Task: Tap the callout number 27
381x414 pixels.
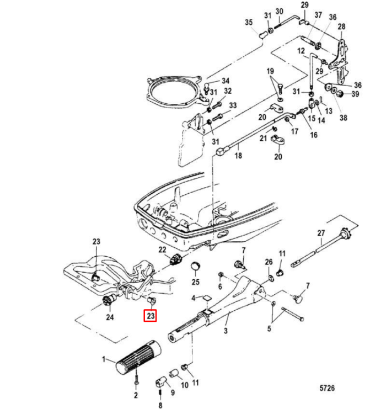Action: (x=321, y=233)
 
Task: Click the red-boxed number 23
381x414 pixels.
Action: (x=151, y=316)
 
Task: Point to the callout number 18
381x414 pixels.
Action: (x=238, y=156)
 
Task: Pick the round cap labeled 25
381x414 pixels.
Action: (x=195, y=268)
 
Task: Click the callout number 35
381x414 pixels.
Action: (x=248, y=22)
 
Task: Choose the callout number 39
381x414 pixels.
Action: (x=355, y=94)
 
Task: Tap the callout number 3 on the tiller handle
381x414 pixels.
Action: (x=225, y=331)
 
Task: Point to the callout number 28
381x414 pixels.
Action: (x=341, y=26)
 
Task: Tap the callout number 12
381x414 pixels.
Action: (x=301, y=51)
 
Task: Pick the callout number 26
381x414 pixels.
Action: (x=269, y=261)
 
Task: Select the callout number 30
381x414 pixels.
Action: (x=279, y=11)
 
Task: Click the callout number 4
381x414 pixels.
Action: (x=193, y=298)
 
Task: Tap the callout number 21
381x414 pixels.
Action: (x=264, y=137)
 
